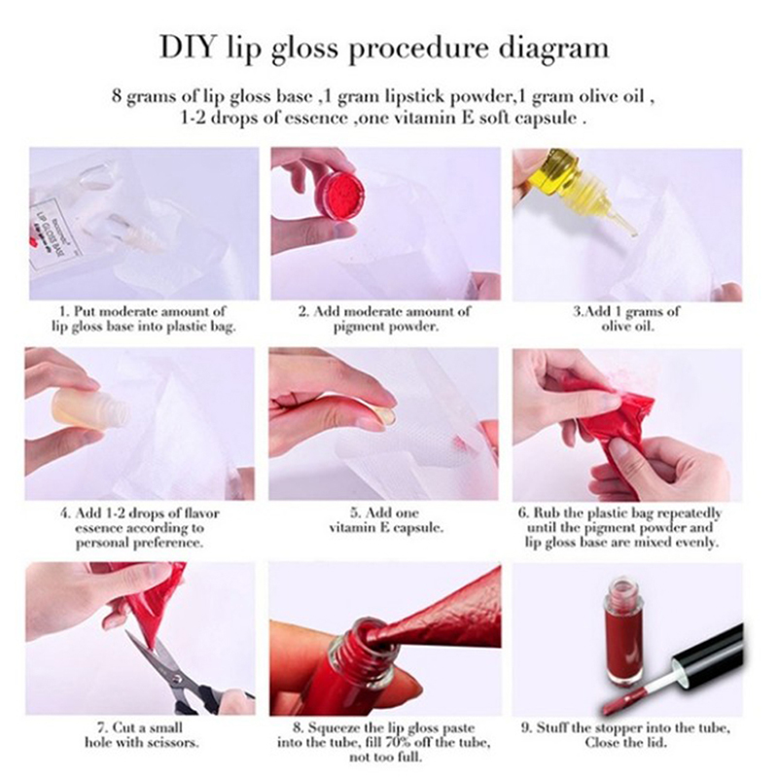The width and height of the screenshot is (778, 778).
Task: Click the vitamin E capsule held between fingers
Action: click(386, 417)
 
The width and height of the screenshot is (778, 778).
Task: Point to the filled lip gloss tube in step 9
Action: click(623, 630)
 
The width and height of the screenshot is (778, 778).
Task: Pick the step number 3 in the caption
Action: click(577, 312)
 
